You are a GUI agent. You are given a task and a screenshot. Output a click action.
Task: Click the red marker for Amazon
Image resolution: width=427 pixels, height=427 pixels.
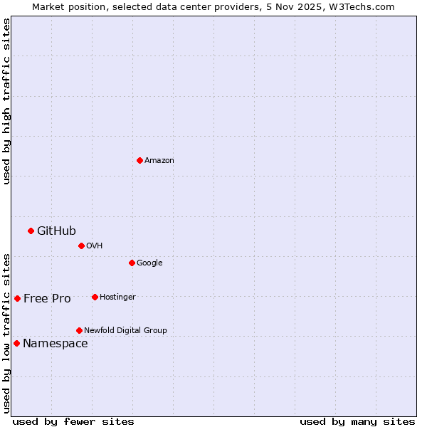point(139,160)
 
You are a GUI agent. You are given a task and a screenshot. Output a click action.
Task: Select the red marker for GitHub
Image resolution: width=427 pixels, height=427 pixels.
point(31,231)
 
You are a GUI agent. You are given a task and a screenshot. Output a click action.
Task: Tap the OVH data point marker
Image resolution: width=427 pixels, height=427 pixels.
point(81,246)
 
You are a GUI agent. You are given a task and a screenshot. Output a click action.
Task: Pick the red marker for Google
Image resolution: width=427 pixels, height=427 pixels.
point(132,263)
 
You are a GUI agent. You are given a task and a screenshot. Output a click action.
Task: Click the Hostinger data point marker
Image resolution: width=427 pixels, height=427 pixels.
point(95,297)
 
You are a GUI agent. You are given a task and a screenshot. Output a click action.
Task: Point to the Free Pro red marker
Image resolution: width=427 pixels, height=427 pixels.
point(17,298)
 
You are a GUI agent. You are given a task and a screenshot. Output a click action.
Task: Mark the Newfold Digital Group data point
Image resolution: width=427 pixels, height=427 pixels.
point(79,330)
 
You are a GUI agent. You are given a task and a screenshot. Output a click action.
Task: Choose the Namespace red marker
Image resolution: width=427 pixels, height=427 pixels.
point(16,343)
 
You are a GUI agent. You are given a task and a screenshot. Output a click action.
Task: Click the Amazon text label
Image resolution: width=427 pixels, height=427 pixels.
point(159,160)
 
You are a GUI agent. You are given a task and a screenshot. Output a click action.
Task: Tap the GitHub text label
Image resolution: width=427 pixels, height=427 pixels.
point(56,231)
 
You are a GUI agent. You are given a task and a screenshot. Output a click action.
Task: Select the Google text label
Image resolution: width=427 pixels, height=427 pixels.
point(149,263)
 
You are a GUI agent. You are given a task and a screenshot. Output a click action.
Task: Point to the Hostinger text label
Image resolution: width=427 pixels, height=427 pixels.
point(117,297)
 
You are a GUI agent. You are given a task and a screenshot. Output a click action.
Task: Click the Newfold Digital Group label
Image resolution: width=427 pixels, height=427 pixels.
point(125,330)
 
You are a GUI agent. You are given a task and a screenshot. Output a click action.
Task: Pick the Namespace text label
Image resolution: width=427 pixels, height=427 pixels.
point(56,344)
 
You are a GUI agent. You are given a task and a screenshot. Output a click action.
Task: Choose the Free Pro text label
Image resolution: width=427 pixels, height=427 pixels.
point(47,298)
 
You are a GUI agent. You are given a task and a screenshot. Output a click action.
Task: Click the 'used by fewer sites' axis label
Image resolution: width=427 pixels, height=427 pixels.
point(73,421)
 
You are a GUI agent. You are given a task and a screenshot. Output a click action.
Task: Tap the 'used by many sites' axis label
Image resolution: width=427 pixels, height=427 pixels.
point(357,421)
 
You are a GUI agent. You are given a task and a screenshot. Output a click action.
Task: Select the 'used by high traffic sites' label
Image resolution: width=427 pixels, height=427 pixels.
point(6,101)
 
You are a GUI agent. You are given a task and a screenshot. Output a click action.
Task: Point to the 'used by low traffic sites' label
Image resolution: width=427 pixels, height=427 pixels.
point(6,332)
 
